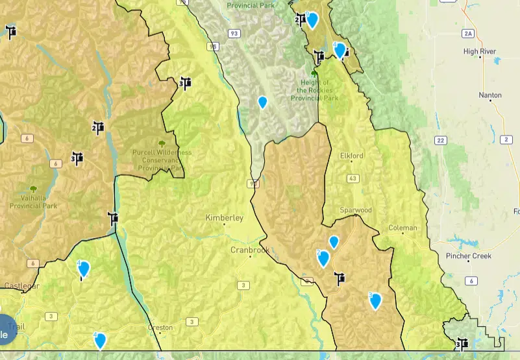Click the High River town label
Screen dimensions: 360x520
pyautogui.click(x=480, y=51)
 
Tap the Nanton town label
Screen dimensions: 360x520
pyautogui.click(x=490, y=95)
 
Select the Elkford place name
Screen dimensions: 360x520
pyautogui.click(x=352, y=156)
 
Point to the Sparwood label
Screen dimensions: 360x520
pyautogui.click(x=356, y=211)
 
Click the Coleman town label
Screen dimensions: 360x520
pyautogui.click(x=402, y=228)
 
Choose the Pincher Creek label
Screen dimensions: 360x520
pyautogui.click(x=469, y=256)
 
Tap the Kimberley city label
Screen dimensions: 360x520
pyautogui.click(x=224, y=218)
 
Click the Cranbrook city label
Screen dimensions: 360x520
pyautogui.click(x=250, y=250)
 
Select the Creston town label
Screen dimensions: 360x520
pyautogui.click(x=160, y=328)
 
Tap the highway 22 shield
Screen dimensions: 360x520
pyautogui.click(x=441, y=140)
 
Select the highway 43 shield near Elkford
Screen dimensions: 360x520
pyautogui.click(x=353, y=178)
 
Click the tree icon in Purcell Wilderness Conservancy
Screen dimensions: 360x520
pyautogui.click(x=162, y=143)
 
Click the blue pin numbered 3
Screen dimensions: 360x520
pyautogui.click(x=375, y=301)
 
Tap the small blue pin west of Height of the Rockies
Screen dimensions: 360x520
pyautogui.click(x=262, y=102)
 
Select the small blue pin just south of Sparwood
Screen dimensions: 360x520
pyautogui.click(x=334, y=242)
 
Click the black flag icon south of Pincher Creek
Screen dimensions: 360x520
pyautogui.click(x=462, y=343)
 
